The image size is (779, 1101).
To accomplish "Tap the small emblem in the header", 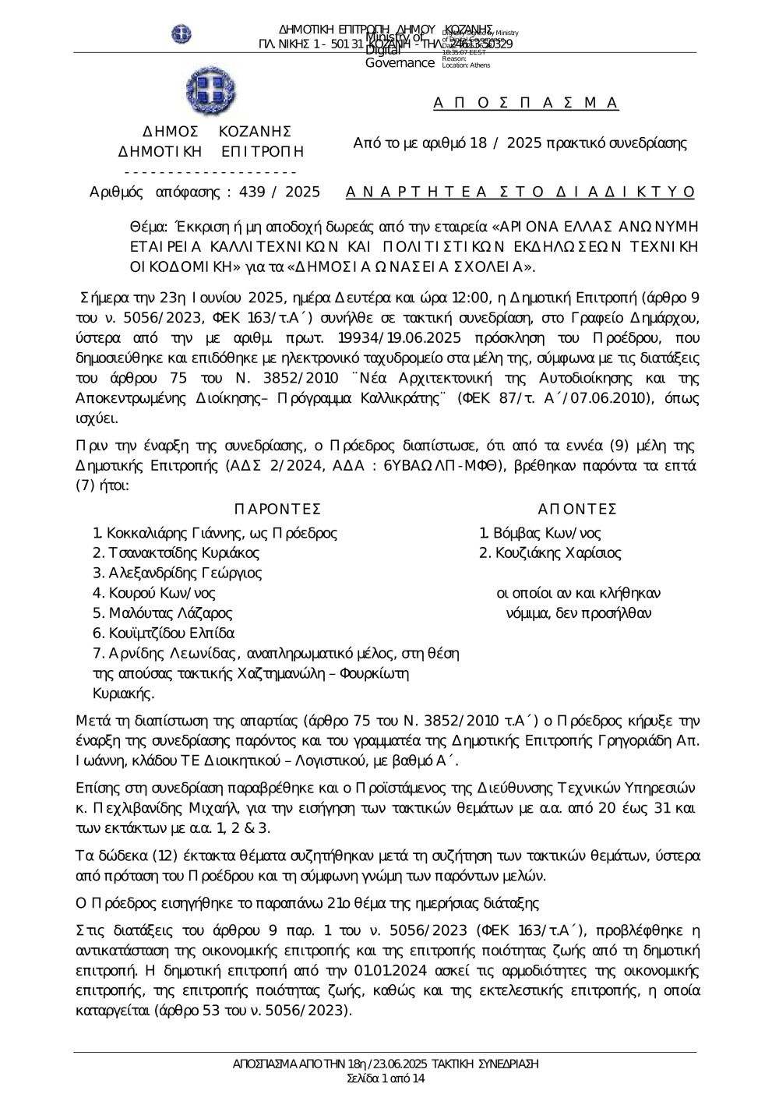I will pyautogui.click(x=182, y=34).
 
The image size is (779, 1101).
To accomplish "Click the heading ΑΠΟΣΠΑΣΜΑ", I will pyautogui.click(x=526, y=103).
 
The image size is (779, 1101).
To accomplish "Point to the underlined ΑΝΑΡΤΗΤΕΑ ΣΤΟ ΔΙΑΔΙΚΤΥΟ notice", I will pyautogui.click(x=520, y=192).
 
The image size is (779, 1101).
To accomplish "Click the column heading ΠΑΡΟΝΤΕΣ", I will pyautogui.click(x=277, y=509).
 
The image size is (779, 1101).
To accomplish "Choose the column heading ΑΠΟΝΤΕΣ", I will pyautogui.click(x=577, y=509).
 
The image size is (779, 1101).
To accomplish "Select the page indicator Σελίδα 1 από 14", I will pyautogui.click(x=386, y=1078).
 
